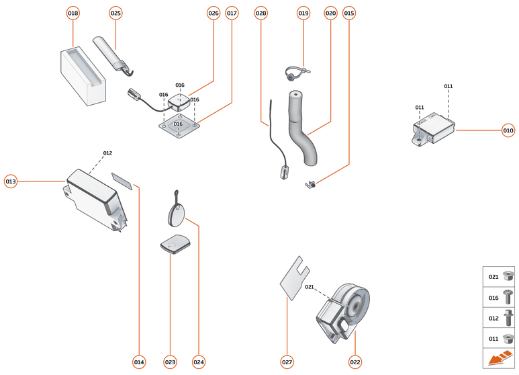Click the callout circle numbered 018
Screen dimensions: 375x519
click(x=73, y=13)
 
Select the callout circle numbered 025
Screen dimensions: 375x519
click(x=115, y=13)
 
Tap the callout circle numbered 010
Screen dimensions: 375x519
click(x=508, y=130)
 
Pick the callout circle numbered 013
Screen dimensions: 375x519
click(x=11, y=181)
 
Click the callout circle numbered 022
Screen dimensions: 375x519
click(x=355, y=362)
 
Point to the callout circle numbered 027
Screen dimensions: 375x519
click(x=287, y=362)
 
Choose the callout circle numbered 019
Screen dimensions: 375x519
click(x=303, y=13)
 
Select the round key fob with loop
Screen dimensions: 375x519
click(x=176, y=214)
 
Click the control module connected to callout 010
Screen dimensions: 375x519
click(x=432, y=128)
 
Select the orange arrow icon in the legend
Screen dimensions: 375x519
click(x=498, y=360)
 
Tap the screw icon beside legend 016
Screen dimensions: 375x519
click(x=508, y=296)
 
